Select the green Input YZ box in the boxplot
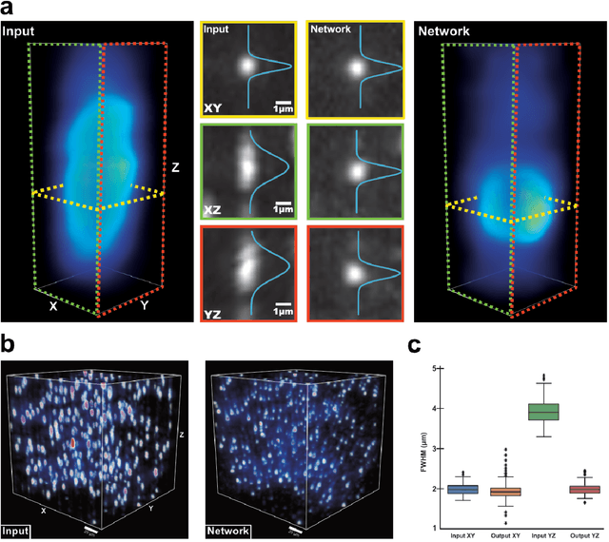(544, 411)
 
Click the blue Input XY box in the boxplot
(463, 489)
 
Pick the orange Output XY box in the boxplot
(503, 492)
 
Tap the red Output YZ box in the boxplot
(584, 489)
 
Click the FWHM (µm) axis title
(422, 447)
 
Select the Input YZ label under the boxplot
(544, 534)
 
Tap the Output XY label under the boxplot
(503, 534)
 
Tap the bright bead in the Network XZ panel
(356, 171)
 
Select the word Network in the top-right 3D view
(444, 31)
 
